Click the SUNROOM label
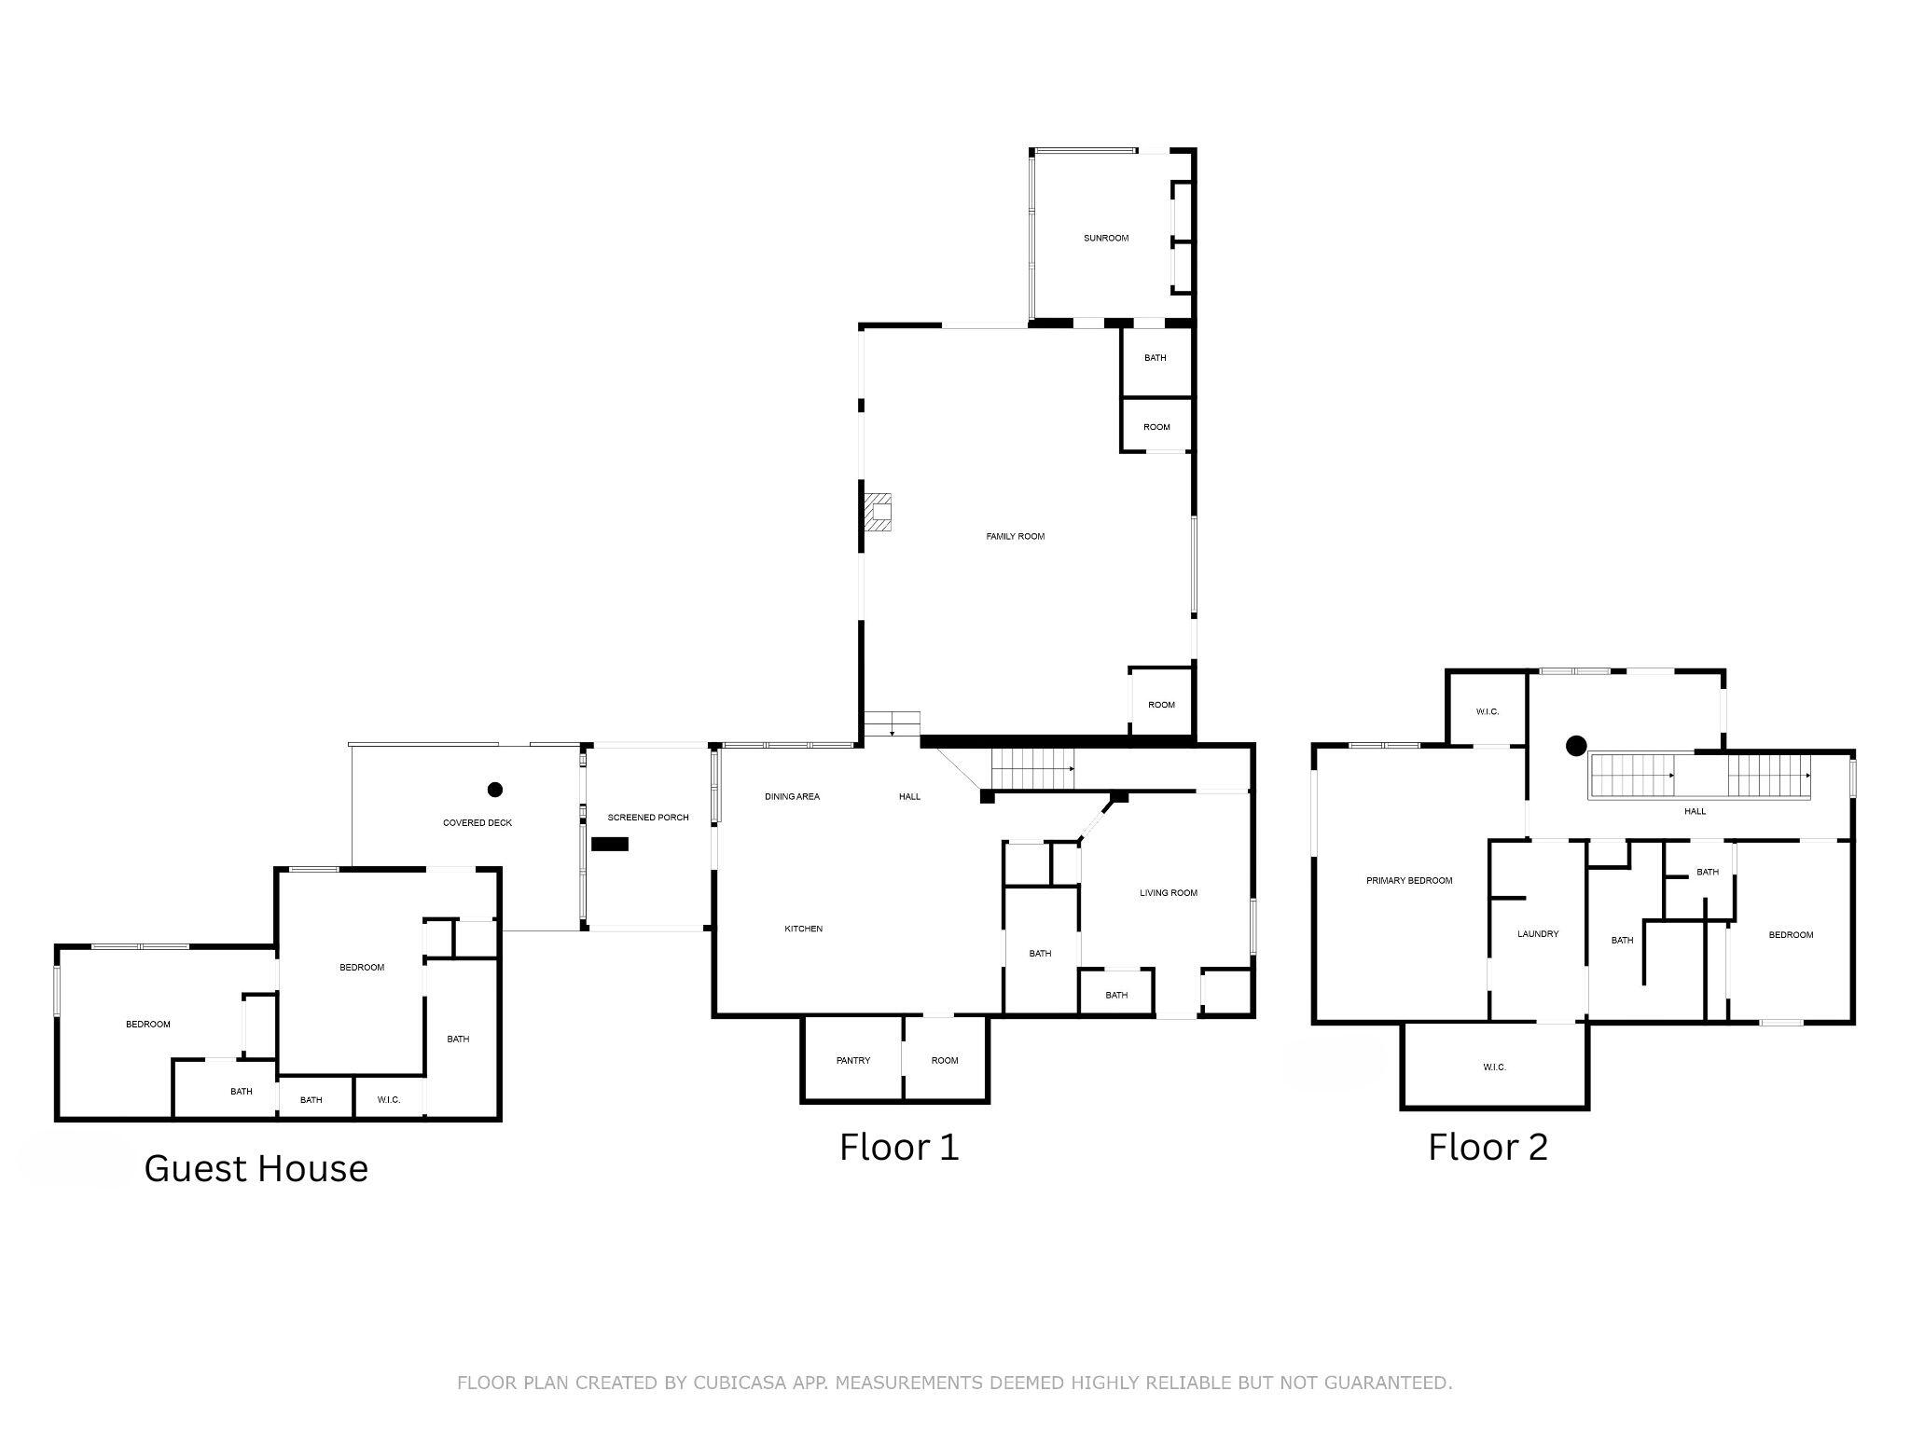[1105, 239]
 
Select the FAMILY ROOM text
[1015, 537]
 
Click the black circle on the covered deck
[495, 790]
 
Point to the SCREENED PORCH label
[648, 818]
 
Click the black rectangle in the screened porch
[610, 844]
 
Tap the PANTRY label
[852, 1061]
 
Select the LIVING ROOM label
[1168, 893]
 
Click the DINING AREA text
[792, 797]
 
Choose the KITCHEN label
[803, 929]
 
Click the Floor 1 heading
[898, 1148]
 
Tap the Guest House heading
[256, 1169]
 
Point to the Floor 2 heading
[1488, 1148]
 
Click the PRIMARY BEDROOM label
[1408, 881]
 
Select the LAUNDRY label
[1537, 934]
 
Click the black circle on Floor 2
[1576, 746]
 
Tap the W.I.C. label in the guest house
[389, 1100]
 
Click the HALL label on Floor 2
[1695, 812]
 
